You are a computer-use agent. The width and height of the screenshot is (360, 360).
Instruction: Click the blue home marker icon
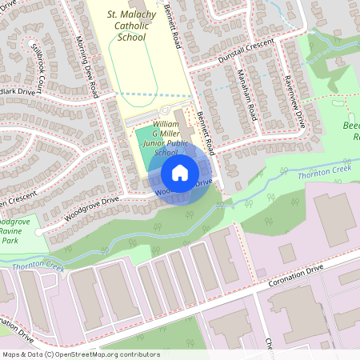tap(180, 172)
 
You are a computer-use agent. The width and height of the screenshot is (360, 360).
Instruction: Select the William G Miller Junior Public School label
tap(154, 138)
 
